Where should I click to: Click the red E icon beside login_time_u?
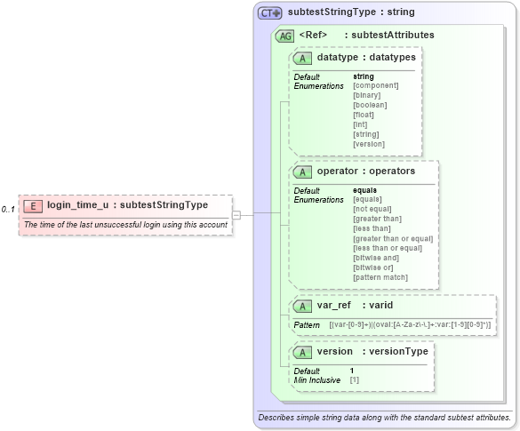click(33, 205)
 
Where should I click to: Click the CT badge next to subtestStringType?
click(269, 13)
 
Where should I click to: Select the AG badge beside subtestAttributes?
click(285, 36)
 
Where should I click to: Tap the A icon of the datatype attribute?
click(302, 58)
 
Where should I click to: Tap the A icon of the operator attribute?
click(302, 171)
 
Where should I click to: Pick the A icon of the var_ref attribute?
click(302, 306)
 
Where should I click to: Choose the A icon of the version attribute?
click(302, 352)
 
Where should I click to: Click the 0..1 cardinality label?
click(8, 209)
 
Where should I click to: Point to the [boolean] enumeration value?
click(370, 105)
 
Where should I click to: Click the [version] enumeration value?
click(369, 144)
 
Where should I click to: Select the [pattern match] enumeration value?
click(380, 276)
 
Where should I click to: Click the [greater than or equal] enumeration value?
click(393, 238)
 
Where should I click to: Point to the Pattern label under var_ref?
click(307, 326)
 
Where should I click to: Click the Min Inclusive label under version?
click(317, 380)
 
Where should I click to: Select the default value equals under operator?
click(364, 190)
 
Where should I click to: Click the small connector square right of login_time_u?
click(236, 214)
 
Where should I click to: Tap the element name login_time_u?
click(78, 205)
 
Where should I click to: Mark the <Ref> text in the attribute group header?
click(314, 36)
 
